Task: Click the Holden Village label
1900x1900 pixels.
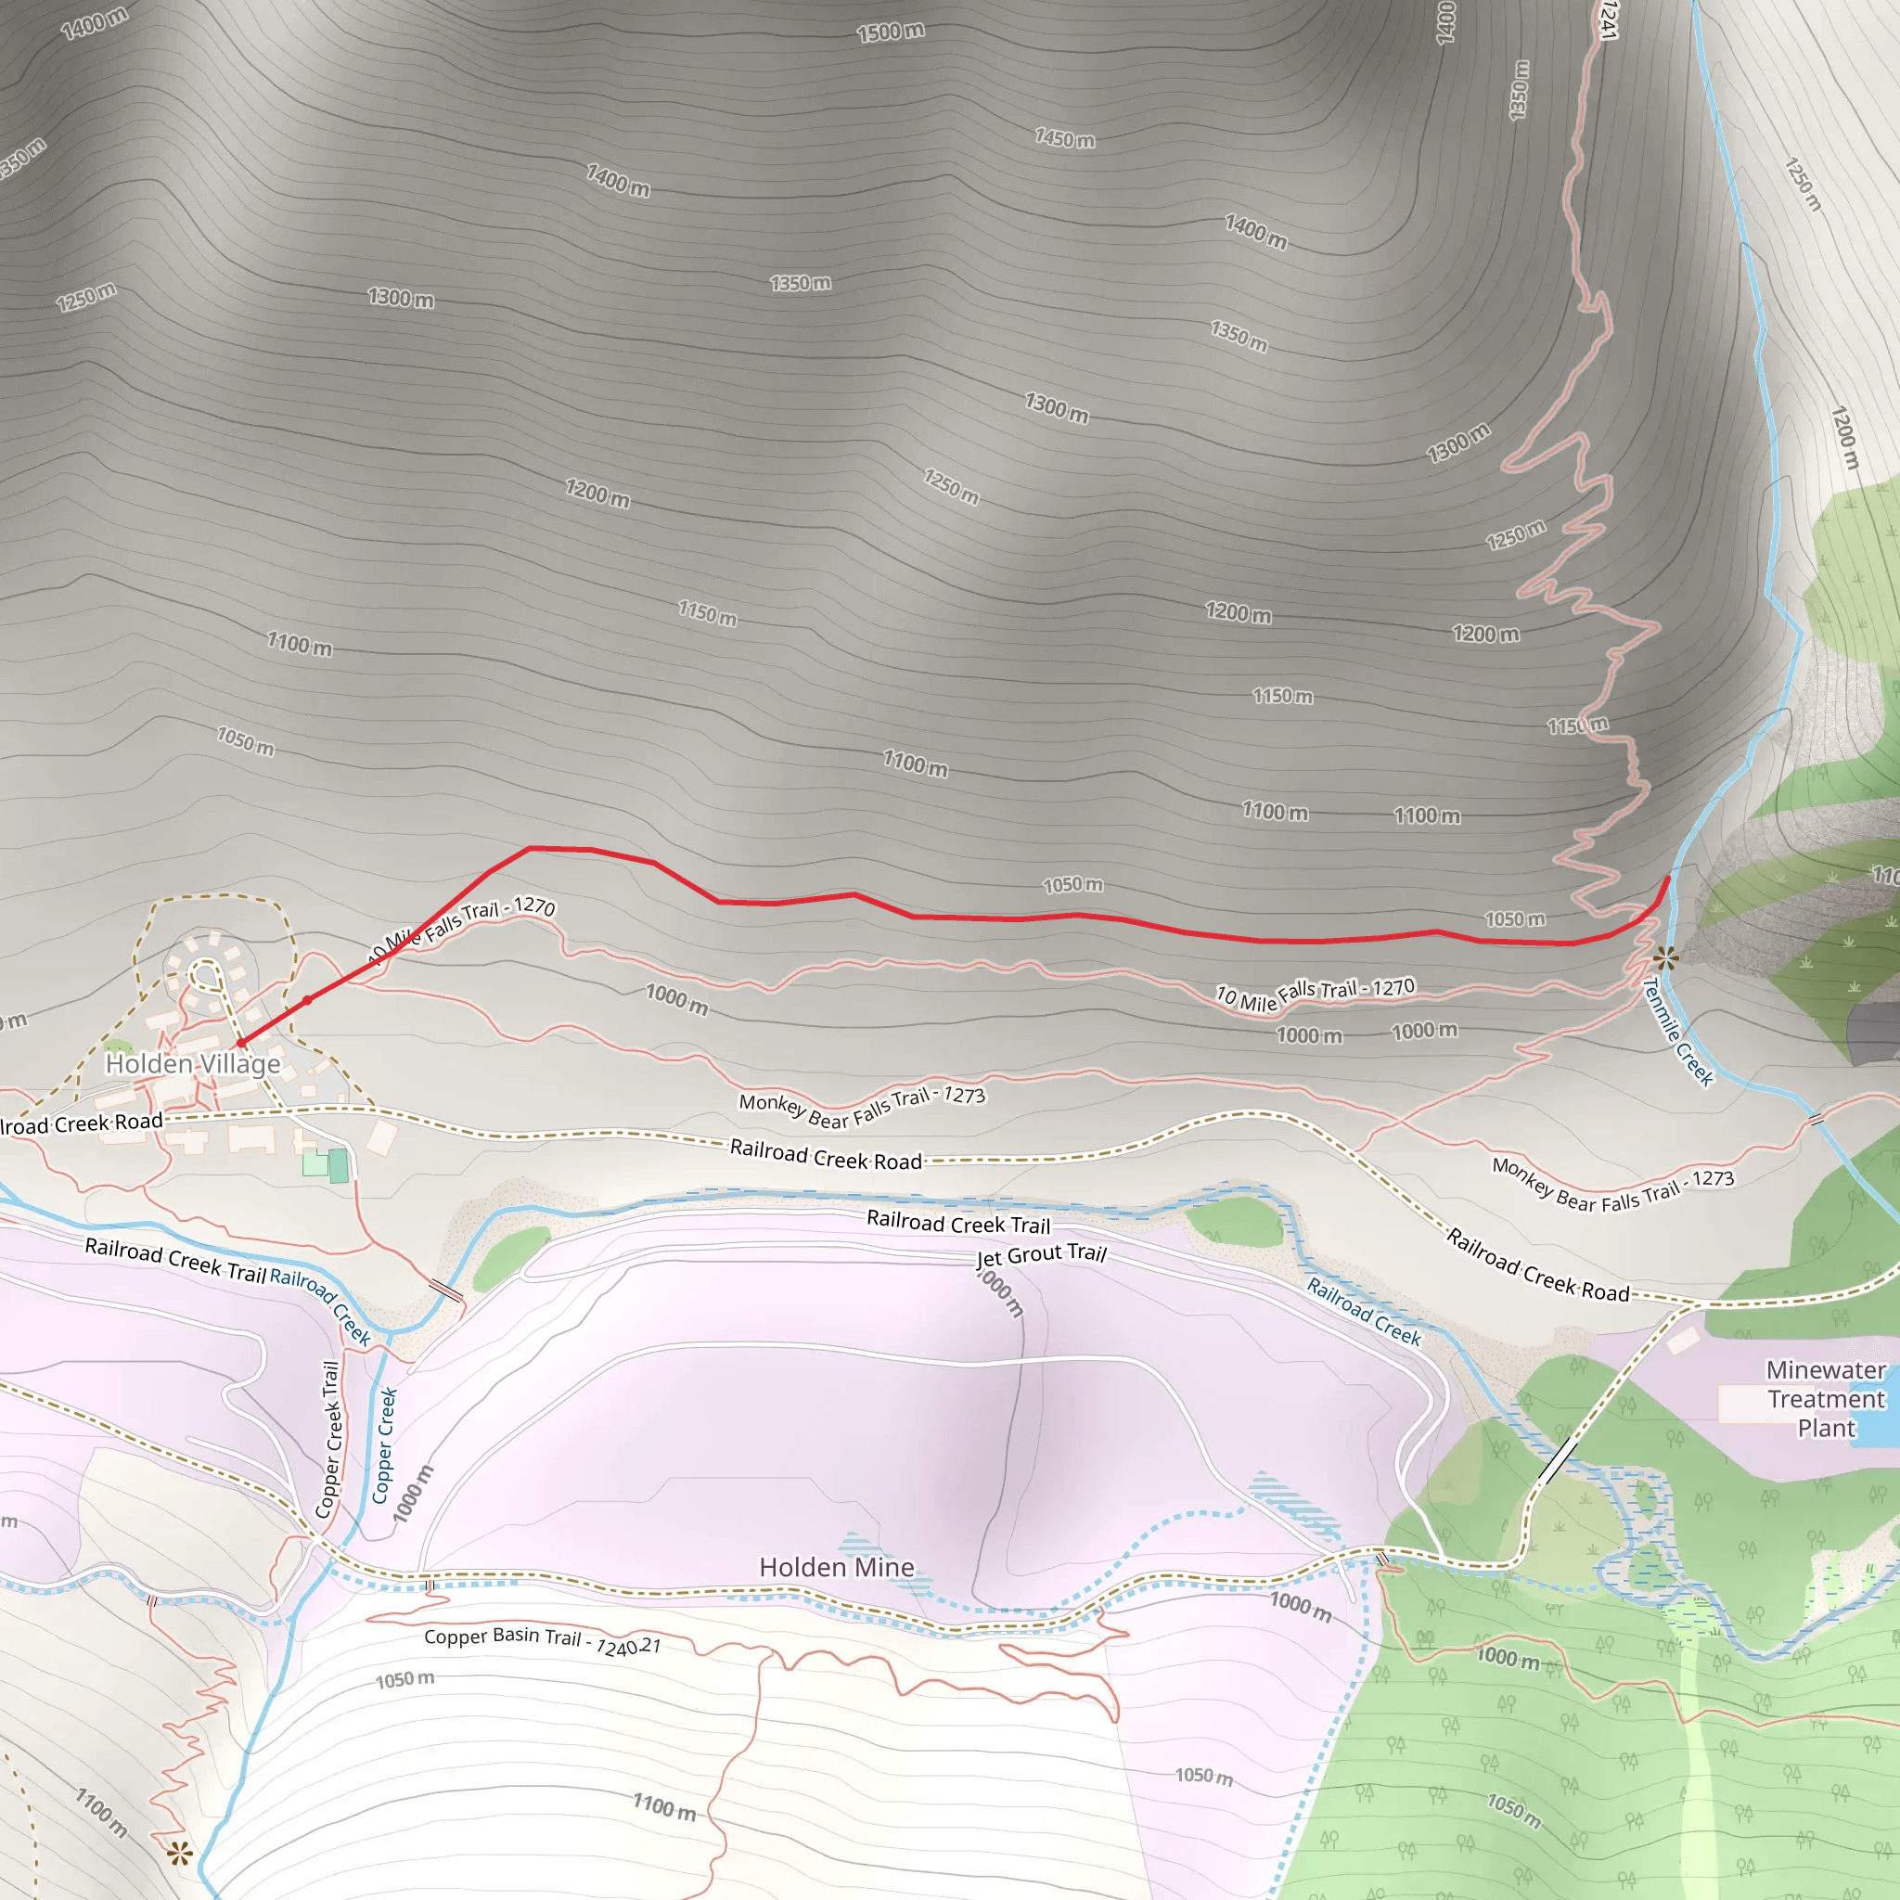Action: pyautogui.click(x=193, y=1064)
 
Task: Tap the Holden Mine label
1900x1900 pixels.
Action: pyautogui.click(x=836, y=1568)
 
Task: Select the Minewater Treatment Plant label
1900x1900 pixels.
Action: pyautogui.click(x=1825, y=1398)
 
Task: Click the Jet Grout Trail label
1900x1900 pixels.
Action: pyautogui.click(x=1042, y=1255)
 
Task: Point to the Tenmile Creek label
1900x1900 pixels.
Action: pyautogui.click(x=1677, y=1031)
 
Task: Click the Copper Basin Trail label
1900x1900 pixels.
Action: pyautogui.click(x=542, y=1640)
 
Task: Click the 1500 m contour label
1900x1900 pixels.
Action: pyautogui.click(x=890, y=32)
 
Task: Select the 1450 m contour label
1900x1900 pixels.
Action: pyautogui.click(x=1064, y=138)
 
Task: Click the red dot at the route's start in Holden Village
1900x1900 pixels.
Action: pyautogui.click(x=241, y=1043)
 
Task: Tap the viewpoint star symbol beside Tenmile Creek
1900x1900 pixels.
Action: pyautogui.click(x=1665, y=956)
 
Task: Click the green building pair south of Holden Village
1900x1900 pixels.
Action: pyautogui.click(x=327, y=1164)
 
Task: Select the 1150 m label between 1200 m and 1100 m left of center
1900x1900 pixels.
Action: pyautogui.click(x=707, y=613)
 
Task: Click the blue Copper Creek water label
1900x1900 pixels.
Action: pyautogui.click(x=383, y=1444)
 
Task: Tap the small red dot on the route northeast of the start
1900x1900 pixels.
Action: pyautogui.click(x=307, y=1000)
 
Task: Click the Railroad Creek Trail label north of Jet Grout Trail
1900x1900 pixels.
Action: pyautogui.click(x=957, y=1224)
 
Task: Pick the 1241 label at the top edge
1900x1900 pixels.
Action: pyautogui.click(x=1607, y=19)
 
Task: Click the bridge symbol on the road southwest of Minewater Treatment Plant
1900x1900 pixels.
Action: pyautogui.click(x=1557, y=1462)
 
